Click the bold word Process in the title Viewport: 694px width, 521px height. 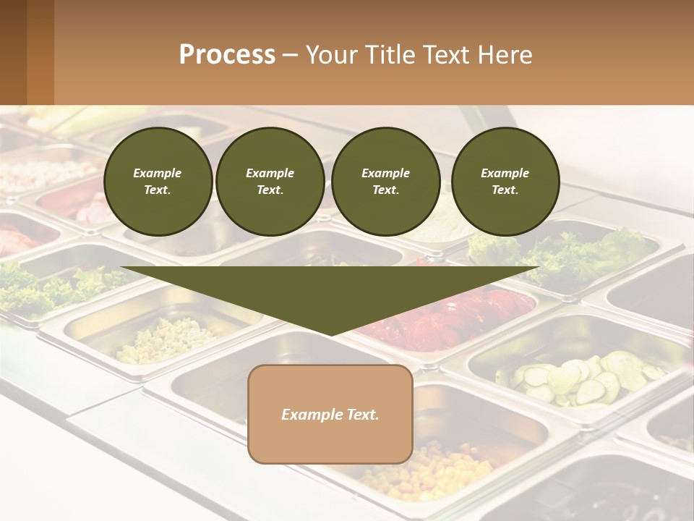227,55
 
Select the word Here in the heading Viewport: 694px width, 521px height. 506,55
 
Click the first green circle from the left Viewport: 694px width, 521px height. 158,182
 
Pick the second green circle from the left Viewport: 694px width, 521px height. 270,182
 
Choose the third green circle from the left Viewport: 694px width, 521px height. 385,182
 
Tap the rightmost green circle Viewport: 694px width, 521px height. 505,182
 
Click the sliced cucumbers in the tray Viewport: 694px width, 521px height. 578,378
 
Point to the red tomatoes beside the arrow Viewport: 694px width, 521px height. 448,318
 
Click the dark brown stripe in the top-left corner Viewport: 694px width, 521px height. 13,52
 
